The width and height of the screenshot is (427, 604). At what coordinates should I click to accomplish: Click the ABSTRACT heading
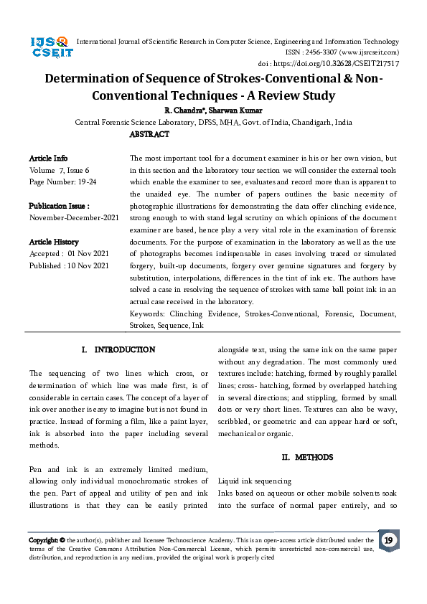pyautogui.click(x=149, y=134)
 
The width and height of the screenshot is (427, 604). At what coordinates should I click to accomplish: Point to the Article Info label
pyautogui.click(x=48, y=157)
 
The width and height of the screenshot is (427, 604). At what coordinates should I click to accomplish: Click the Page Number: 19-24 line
pyautogui.click(x=62, y=181)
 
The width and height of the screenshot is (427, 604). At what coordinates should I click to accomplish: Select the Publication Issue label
pyautogui.click(x=58, y=206)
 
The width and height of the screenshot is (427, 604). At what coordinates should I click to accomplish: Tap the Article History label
pyautogui.click(x=54, y=242)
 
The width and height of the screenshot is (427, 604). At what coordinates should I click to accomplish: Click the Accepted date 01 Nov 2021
pyautogui.click(x=68, y=254)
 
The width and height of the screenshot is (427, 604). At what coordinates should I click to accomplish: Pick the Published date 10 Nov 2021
pyautogui.click(x=69, y=266)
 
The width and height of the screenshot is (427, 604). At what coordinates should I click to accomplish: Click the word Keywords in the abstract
pyautogui.click(x=147, y=313)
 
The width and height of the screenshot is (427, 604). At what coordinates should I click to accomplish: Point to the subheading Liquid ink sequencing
pyautogui.click(x=255, y=481)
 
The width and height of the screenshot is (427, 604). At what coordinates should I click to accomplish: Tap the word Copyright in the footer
pyautogui.click(x=43, y=540)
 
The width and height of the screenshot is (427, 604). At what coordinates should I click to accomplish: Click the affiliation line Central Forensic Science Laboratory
pyautogui.click(x=213, y=123)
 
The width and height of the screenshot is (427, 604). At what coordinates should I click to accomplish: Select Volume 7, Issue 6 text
pyautogui.click(x=60, y=170)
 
